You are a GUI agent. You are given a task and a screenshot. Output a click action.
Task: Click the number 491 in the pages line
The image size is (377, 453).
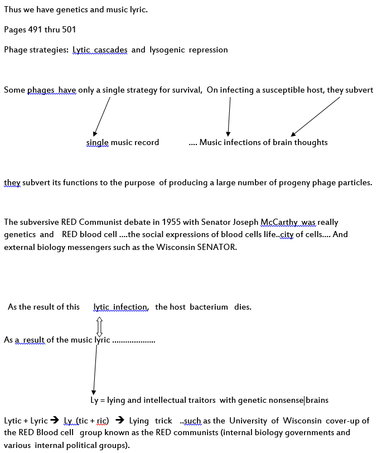coord(35,30)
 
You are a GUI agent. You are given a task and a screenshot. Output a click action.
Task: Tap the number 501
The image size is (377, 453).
coord(69,30)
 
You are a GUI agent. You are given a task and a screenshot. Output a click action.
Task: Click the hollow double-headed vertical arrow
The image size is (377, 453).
coord(99,326)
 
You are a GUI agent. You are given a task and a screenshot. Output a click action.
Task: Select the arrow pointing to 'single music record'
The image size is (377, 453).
coord(101,117)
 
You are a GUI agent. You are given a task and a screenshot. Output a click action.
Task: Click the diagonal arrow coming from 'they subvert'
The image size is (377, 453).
coord(315,117)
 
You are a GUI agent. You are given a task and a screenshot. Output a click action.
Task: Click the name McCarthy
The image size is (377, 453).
coord(279,222)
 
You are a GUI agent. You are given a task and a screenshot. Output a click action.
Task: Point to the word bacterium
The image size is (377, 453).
coord(209,307)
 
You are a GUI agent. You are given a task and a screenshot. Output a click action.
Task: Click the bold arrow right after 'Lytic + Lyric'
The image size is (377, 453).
coord(54,420)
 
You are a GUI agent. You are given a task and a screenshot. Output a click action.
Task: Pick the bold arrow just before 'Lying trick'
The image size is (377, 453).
coord(119,420)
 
